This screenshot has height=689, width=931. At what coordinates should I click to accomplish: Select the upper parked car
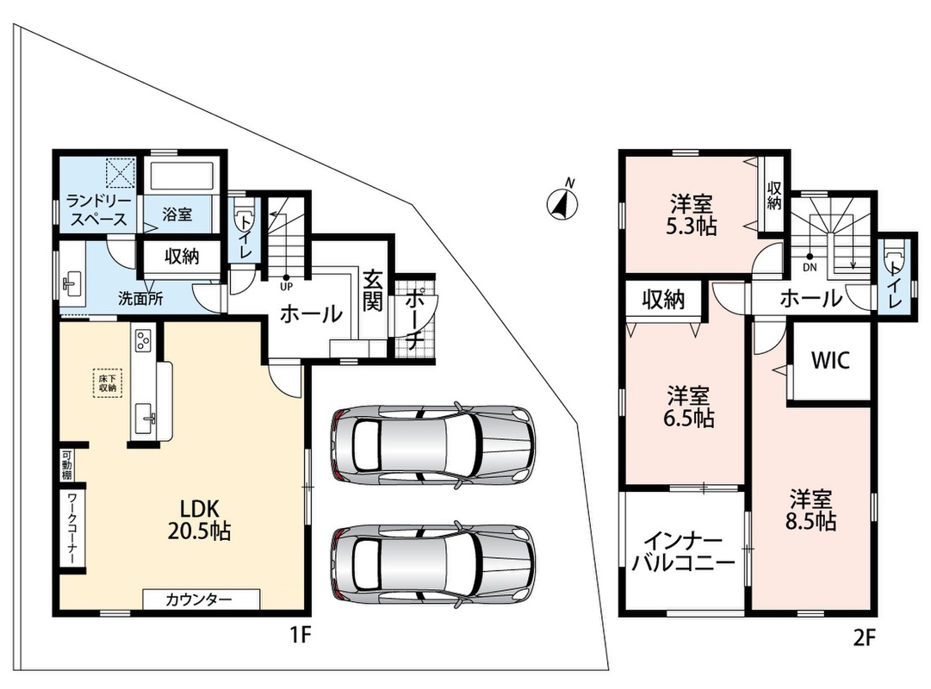point(431,444)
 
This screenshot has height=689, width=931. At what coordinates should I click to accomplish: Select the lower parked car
point(431,565)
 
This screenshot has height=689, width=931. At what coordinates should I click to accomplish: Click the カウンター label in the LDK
point(198,599)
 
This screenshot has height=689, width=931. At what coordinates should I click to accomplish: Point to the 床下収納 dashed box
point(108,383)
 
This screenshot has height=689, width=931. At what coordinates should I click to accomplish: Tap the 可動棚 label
point(66,465)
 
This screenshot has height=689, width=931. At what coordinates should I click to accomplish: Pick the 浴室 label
point(177,214)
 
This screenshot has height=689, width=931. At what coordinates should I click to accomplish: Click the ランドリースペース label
point(98,209)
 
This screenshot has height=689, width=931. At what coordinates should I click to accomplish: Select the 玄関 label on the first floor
point(372,290)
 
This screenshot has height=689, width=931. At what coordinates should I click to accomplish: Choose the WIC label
point(830,360)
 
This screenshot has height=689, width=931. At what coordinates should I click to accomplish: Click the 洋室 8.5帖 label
point(810,509)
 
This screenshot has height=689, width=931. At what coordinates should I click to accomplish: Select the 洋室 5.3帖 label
point(691,215)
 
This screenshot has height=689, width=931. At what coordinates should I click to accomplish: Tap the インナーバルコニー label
point(683,551)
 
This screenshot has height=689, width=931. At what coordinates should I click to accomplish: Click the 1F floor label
point(301,636)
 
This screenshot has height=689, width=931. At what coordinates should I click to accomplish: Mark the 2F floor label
point(864,637)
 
